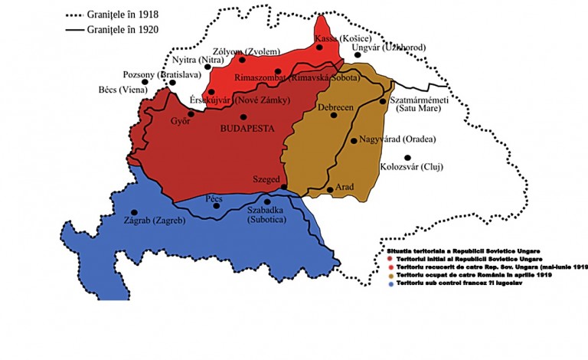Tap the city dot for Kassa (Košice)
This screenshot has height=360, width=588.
(x=319, y=47)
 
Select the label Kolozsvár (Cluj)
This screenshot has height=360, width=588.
(x=411, y=167)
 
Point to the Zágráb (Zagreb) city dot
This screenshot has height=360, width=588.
(x=135, y=212)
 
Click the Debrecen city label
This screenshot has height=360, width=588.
(x=335, y=108)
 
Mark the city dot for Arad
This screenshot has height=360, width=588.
(x=330, y=188)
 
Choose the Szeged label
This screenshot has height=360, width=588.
(x=266, y=178)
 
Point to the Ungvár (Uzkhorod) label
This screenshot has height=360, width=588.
(x=388, y=47)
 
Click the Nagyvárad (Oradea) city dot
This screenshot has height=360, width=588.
(x=353, y=141)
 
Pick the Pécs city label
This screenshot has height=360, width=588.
(x=215, y=198)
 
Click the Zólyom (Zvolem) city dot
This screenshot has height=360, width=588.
(x=242, y=59)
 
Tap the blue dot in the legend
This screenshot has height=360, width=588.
(x=390, y=283)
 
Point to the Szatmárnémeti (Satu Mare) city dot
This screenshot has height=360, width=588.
(x=383, y=101)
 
